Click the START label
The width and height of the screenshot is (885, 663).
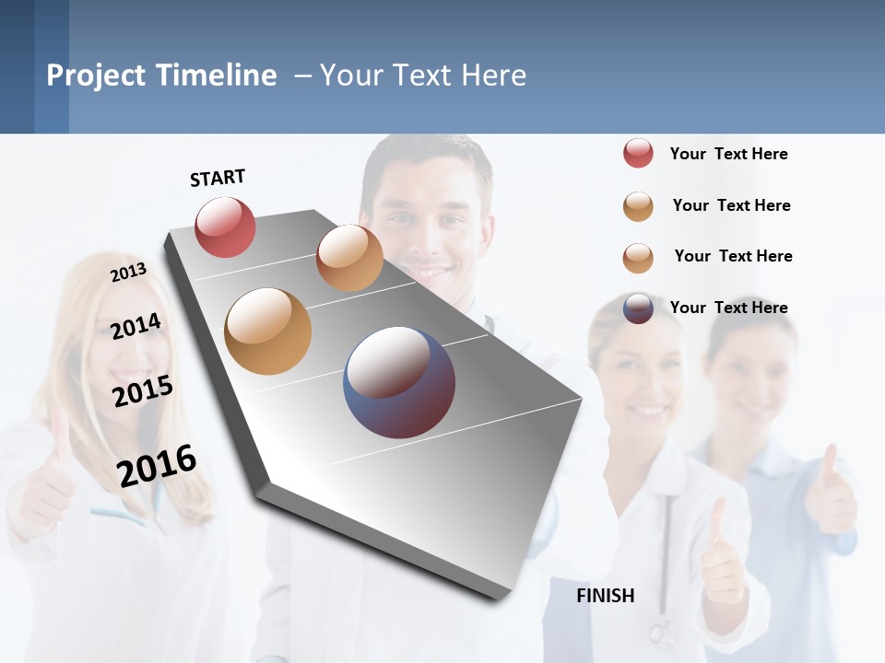pos(218,178)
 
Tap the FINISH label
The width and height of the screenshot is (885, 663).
pos(606,596)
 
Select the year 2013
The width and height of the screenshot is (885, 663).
pos(128,272)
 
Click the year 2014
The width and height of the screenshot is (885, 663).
pos(136,326)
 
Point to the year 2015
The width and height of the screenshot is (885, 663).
pos(143,390)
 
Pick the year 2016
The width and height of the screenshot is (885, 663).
pos(157,465)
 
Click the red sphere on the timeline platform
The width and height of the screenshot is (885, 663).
pos(225,227)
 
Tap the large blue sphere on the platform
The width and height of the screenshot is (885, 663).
pos(398,382)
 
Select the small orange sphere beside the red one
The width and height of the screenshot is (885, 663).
pos(349,257)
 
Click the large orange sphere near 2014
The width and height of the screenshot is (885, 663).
pos(267,331)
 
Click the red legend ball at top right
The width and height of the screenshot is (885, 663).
pos(638,153)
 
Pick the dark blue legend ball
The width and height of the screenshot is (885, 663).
pos(638,308)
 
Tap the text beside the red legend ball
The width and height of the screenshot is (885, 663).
pos(728,154)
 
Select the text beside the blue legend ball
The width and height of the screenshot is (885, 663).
pos(728,308)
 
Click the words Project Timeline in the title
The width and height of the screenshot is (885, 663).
pos(161,76)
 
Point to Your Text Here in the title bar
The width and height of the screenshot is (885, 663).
pos(423,76)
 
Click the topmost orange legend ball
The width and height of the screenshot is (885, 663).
pos(638,206)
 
